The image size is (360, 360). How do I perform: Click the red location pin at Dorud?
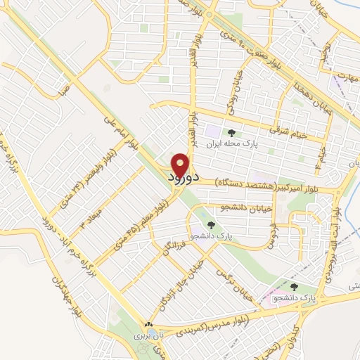[x=181, y=165]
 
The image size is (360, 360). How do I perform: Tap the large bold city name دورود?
[x=185, y=179]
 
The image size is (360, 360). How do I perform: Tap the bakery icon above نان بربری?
[x=148, y=326]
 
